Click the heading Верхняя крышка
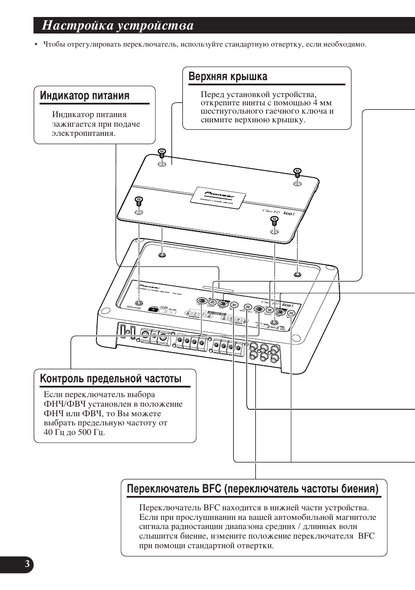coord(228,77)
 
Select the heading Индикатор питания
coord(84,96)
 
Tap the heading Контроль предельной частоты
coord(110,378)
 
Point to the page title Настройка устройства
coord(118,26)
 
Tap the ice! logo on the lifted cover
coord(290,214)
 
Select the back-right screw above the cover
coord(297,172)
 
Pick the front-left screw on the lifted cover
coord(139,201)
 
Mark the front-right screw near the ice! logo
coord(274,220)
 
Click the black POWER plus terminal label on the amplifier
coord(153,310)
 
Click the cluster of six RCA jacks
coord(264,352)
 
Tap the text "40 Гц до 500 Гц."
coord(74,432)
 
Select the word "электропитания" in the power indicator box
coord(84,133)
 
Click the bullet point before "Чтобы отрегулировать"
coord(37,45)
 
